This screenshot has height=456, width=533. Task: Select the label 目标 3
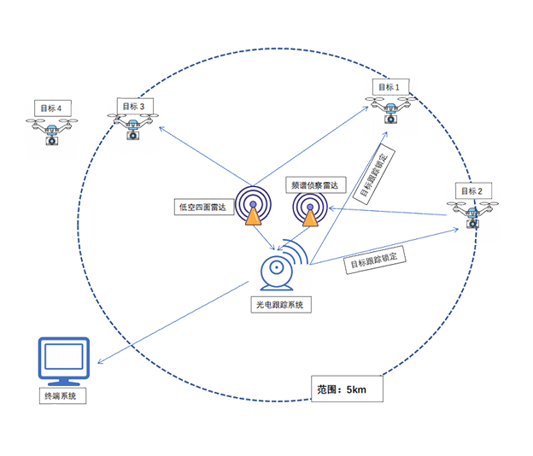(133, 107)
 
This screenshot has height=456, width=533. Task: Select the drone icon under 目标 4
(52, 132)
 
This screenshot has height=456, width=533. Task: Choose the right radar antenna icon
(307, 210)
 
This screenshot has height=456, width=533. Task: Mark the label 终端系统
(65, 396)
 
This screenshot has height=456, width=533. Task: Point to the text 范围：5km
(341, 389)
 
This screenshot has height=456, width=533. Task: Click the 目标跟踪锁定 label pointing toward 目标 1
(372, 176)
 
